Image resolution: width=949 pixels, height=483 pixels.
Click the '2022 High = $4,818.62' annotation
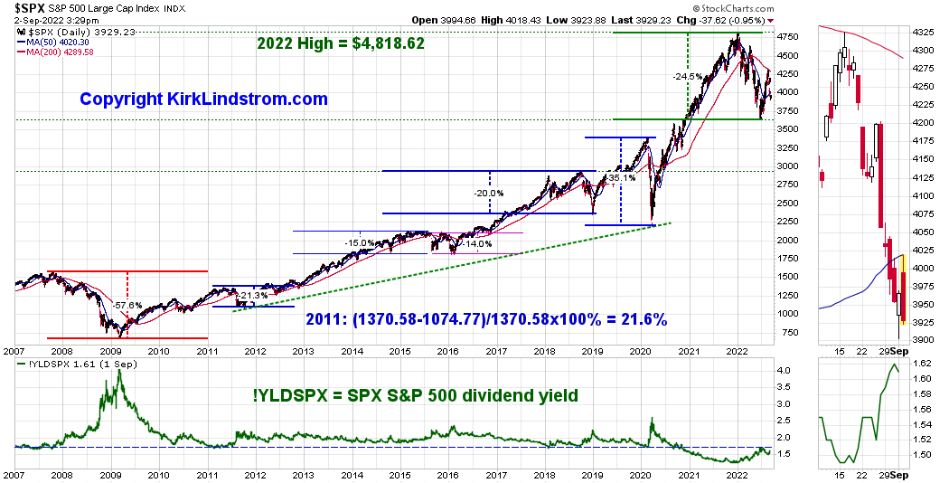(341, 43)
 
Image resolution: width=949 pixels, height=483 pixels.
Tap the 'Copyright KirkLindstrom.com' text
(203, 99)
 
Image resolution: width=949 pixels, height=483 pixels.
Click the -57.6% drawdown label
(128, 306)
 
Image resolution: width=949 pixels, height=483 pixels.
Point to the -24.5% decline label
(688, 77)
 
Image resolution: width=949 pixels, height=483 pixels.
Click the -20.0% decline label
(488, 193)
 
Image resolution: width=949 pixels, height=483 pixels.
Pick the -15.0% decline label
(360, 242)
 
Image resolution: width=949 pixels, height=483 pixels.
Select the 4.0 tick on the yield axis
(785, 371)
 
